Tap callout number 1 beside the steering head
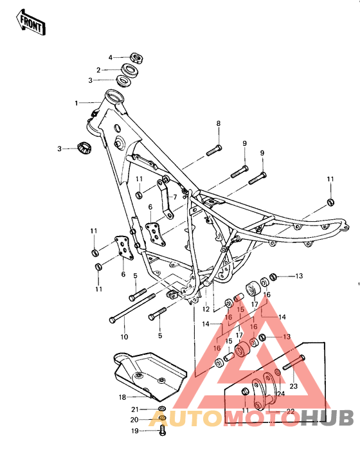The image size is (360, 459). pos(76,103)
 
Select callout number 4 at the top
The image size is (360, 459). pos(110,57)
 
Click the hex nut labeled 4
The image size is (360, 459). pos(136,57)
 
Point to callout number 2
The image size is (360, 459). pos(99,69)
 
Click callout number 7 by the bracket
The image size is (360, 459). pos(174,197)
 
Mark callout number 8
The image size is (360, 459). pos(218,123)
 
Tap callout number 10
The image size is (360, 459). pos(124,336)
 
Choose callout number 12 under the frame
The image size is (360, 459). pos(205,309)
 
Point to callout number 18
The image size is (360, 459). pos(122,397)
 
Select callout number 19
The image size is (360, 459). pos(136,431)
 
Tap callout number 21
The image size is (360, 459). pos(135,409)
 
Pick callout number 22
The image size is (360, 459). pos(290,411)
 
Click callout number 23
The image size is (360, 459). pos(294,386)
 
